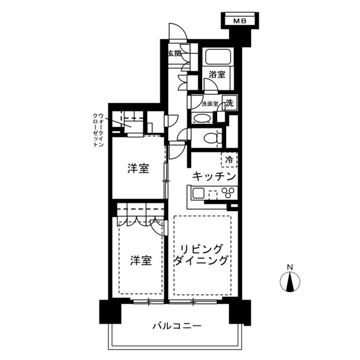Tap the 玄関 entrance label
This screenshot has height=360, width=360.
coord(174,53)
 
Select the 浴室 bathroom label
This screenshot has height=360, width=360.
coord(217,73)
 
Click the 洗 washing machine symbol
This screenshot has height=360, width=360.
coord(229,103)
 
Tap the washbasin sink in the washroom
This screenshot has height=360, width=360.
coord(202,118)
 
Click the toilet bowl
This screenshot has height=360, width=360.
coord(213,137)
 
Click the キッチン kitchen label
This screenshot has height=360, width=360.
coord(214,176)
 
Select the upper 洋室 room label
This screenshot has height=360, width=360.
coord(138,169)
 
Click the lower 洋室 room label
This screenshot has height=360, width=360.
coord(141,260)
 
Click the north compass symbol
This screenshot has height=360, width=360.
coord(290,281)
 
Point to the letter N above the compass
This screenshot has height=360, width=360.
coord(290,267)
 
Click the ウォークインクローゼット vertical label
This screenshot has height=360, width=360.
coord(98,130)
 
